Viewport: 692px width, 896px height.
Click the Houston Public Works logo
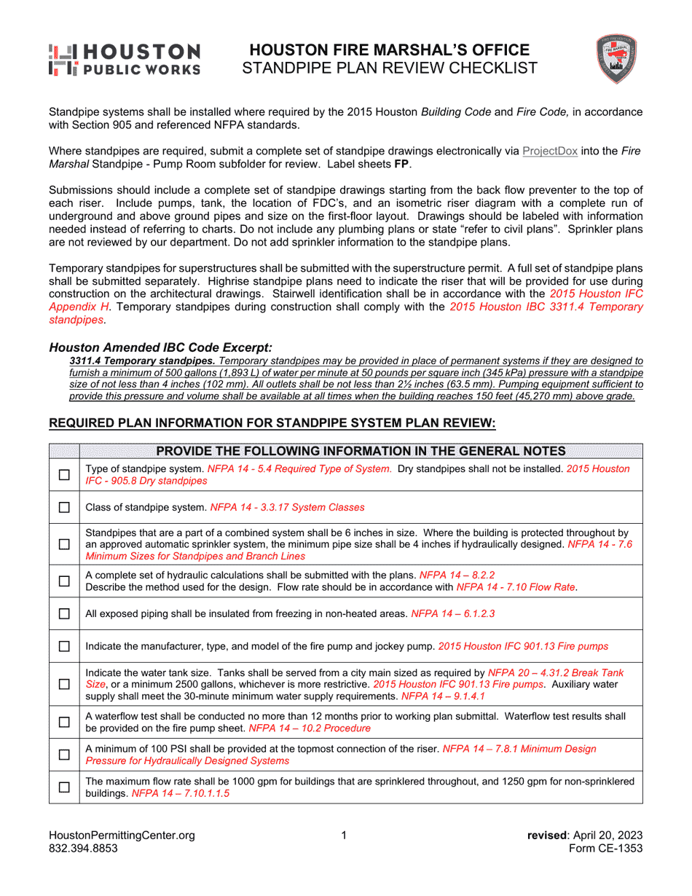tap(124, 60)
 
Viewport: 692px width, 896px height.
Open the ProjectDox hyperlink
tap(550, 152)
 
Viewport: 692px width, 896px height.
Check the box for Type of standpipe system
tap(64, 475)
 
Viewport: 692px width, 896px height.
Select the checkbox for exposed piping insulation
tap(64, 614)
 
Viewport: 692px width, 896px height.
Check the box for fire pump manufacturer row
tap(64, 646)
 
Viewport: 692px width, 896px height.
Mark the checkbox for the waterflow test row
tap(64, 722)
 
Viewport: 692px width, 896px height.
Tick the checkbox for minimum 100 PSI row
tap(64, 755)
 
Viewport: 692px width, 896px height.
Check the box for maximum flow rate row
tap(64, 787)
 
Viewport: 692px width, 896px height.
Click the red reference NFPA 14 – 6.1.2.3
tap(453, 614)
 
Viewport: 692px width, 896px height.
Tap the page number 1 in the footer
tap(345, 836)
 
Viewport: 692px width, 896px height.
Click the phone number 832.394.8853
tap(82, 849)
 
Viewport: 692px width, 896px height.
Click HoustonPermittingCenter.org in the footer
tap(122, 836)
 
